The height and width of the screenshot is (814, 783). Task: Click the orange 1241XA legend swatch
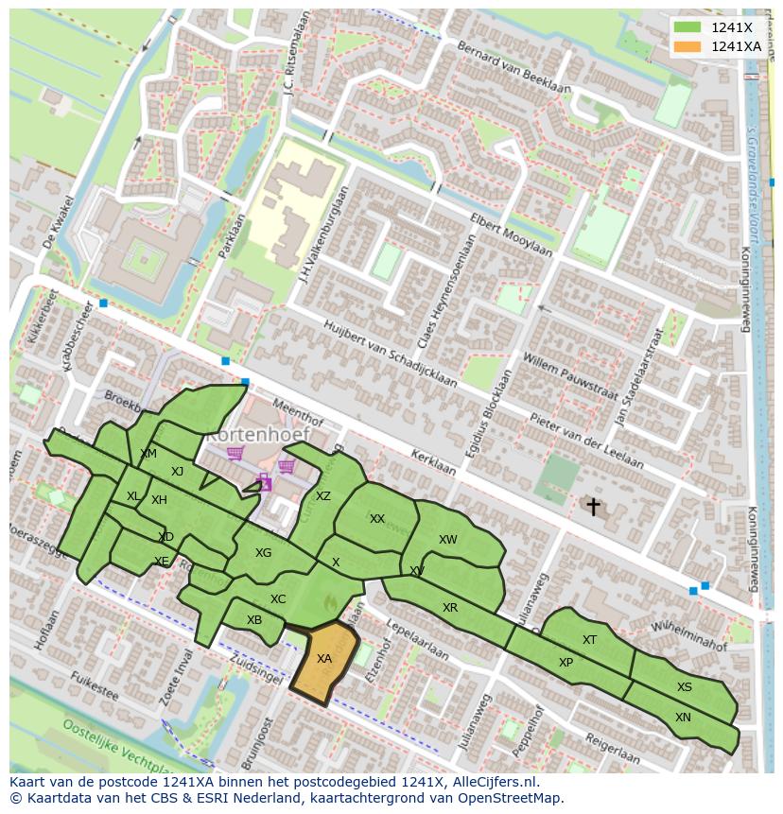point(687,46)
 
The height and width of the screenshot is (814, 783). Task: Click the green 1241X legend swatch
point(687,27)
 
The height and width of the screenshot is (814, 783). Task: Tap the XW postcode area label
point(447,540)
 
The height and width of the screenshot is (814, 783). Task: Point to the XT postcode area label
point(589,640)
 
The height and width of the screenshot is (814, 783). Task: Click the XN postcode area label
point(683,718)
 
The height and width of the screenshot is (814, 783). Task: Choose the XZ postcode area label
point(323,496)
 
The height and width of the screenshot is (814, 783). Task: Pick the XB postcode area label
point(254,620)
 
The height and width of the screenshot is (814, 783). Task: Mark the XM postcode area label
point(148,454)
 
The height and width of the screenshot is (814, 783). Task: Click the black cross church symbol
point(593,507)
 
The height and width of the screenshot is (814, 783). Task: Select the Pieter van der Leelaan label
point(586,441)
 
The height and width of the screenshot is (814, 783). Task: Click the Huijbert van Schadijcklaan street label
point(390,354)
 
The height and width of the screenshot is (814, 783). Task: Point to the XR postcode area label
point(450,608)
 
